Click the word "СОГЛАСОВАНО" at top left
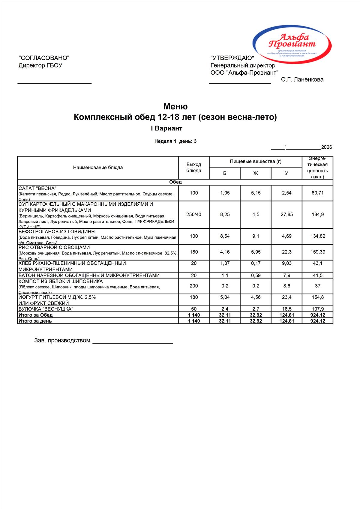(44, 58)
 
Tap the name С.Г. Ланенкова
(302, 79)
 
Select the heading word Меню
(175, 106)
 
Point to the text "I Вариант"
(166, 128)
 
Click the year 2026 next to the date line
(326, 147)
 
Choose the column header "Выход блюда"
(194, 168)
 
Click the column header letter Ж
(256, 173)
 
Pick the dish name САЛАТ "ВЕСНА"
(37, 189)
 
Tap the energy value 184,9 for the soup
(318, 215)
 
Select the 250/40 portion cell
(194, 215)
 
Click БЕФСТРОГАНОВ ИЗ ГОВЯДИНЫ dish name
(57, 232)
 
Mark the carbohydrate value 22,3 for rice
(286, 252)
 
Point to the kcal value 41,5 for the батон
(318, 275)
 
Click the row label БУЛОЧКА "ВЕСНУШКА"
(46, 309)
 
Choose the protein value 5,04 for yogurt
(225, 297)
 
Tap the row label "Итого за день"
(35, 321)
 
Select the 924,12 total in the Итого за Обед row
(318, 315)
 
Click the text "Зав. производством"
(62, 341)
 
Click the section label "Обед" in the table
(175, 182)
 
